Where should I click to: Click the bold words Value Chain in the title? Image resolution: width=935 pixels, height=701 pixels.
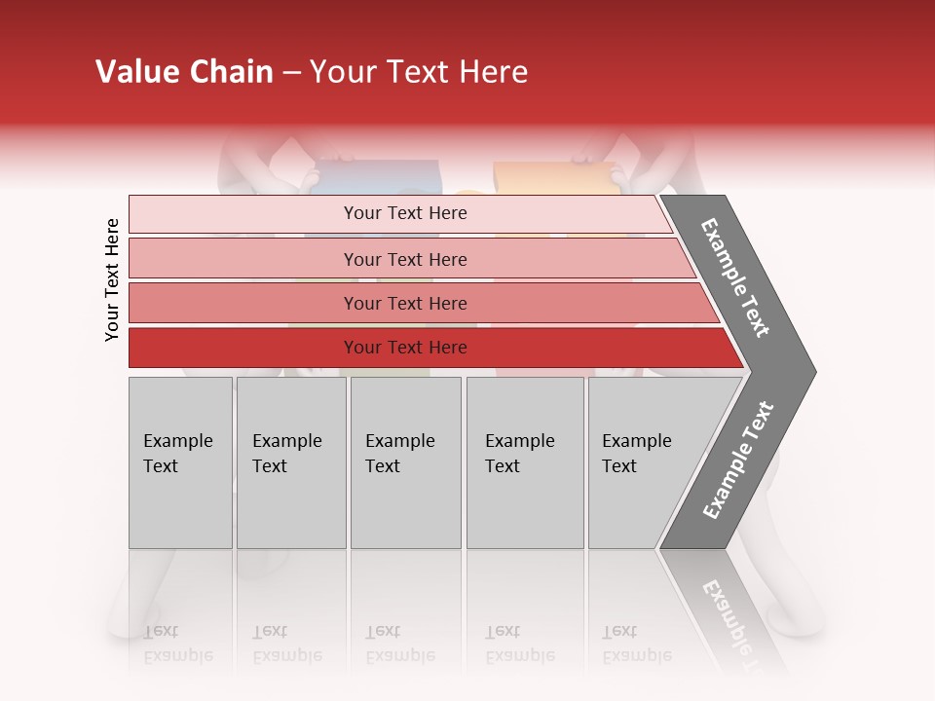click(184, 72)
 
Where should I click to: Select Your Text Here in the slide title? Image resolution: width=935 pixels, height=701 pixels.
click(419, 72)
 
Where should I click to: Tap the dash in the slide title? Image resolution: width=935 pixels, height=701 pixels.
click(291, 73)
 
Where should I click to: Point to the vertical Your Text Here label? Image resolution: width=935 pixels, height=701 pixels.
click(112, 279)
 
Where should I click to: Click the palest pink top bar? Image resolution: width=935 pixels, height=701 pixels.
click(404, 213)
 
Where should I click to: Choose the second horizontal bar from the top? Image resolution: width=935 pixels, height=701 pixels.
click(404, 259)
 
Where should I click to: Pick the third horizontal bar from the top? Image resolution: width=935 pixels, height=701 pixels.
click(404, 303)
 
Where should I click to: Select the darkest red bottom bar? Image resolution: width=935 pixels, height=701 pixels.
click(404, 348)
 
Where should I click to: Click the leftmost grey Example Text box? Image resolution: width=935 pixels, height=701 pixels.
click(180, 462)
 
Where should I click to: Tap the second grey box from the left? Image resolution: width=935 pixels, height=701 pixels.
click(290, 462)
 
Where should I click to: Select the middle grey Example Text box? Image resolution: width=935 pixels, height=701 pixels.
click(405, 462)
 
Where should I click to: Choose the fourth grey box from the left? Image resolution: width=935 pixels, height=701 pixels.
click(524, 462)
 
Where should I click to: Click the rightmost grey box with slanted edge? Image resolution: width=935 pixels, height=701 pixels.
click(643, 462)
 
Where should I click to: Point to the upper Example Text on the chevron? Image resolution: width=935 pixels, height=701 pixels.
click(736, 277)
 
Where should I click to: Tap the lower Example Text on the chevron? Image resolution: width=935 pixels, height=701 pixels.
click(738, 461)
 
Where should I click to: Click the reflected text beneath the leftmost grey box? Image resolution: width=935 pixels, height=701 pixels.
click(178, 644)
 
